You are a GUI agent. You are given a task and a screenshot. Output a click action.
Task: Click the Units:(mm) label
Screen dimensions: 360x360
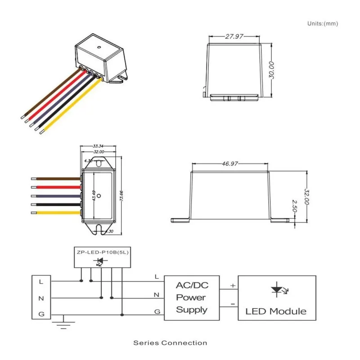point(322,23)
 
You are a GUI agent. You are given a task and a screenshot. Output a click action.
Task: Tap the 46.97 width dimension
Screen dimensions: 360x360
point(230,164)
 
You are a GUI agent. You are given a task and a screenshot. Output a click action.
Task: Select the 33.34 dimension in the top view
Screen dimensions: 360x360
point(98,147)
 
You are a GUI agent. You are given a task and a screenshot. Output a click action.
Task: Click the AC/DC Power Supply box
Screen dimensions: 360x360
point(192,297)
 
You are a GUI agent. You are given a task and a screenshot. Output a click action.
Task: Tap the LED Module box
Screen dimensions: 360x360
point(276,297)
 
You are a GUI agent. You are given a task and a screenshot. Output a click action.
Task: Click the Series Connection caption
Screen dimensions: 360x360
point(170,343)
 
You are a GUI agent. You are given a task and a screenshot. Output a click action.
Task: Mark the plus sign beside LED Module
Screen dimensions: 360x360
point(233,285)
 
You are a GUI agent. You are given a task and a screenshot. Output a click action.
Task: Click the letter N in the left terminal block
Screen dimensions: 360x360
point(41,298)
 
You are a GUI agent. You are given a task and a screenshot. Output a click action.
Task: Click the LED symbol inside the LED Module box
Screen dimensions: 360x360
point(277,290)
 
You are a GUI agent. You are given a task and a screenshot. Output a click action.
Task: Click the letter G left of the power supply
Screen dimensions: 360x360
point(156,311)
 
